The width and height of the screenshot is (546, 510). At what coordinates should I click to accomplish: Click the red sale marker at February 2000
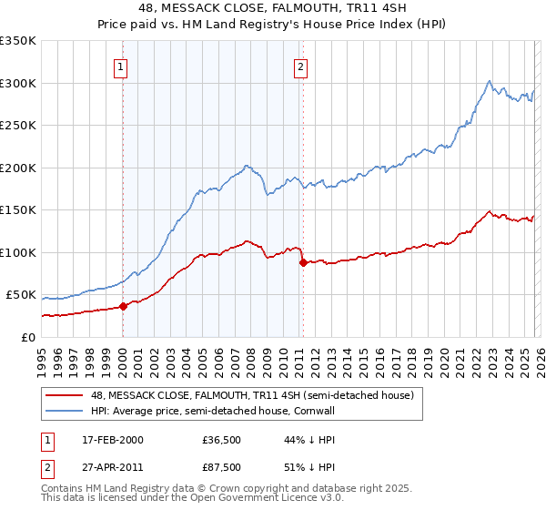(x=124, y=306)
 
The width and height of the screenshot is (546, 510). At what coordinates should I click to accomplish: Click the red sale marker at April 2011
(x=303, y=263)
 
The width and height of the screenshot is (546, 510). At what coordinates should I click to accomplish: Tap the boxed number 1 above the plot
(x=121, y=66)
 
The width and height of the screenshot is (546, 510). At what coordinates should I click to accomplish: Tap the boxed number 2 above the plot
(x=300, y=66)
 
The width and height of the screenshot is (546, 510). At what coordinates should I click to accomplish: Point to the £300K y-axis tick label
(x=18, y=83)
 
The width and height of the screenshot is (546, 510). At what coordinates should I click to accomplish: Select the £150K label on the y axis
(x=18, y=209)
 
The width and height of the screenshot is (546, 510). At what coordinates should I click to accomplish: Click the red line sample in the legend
(x=65, y=395)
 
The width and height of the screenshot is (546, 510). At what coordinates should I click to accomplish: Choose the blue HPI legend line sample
(x=65, y=412)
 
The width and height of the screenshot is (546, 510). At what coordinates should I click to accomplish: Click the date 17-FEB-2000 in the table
(x=112, y=440)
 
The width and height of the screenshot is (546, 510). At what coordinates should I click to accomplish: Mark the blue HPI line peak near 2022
(x=490, y=81)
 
